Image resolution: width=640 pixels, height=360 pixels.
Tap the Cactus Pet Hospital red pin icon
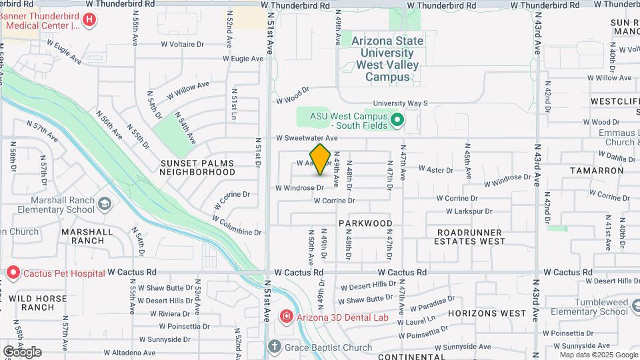(13, 273)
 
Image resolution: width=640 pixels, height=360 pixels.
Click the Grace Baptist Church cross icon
(274, 347)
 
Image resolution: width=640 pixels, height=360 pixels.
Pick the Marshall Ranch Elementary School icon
(104, 203)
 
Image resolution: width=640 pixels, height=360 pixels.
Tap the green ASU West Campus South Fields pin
(397, 121)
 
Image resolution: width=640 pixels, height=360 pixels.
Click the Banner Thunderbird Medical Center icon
(89, 21)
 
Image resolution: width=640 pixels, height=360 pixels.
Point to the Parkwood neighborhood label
(365, 223)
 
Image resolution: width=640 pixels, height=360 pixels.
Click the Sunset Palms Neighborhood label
(197, 167)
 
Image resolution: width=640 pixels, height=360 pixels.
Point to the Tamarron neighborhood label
(597, 171)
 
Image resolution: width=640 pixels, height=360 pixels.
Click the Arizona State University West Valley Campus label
(387, 59)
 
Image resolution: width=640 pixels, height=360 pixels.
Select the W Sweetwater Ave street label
(307, 138)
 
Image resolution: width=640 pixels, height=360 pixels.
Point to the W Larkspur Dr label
(469, 211)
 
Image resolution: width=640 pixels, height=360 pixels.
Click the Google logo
(22, 351)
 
